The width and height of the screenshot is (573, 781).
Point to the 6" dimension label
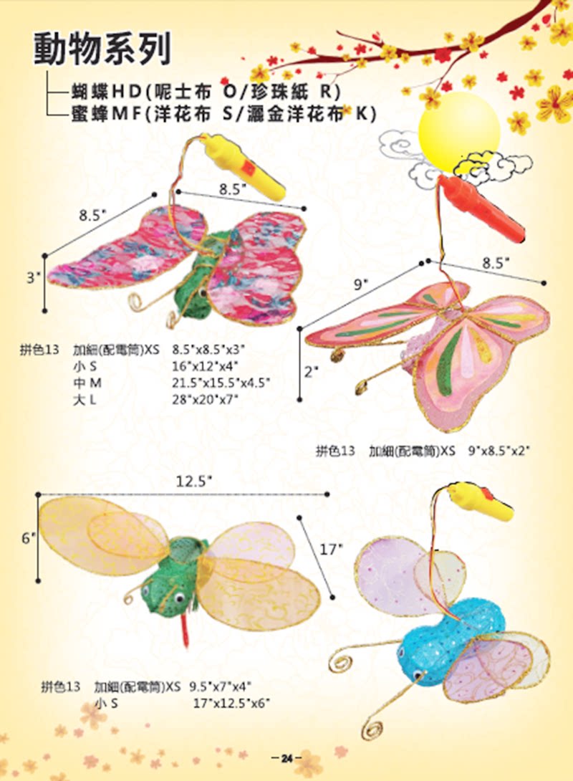(x=28, y=537)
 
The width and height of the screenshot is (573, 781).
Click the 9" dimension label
(x=360, y=284)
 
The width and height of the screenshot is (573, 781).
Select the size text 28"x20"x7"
(x=205, y=398)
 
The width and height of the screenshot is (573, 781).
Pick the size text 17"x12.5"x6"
(x=231, y=704)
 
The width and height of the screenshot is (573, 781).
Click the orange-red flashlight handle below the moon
(x=481, y=208)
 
